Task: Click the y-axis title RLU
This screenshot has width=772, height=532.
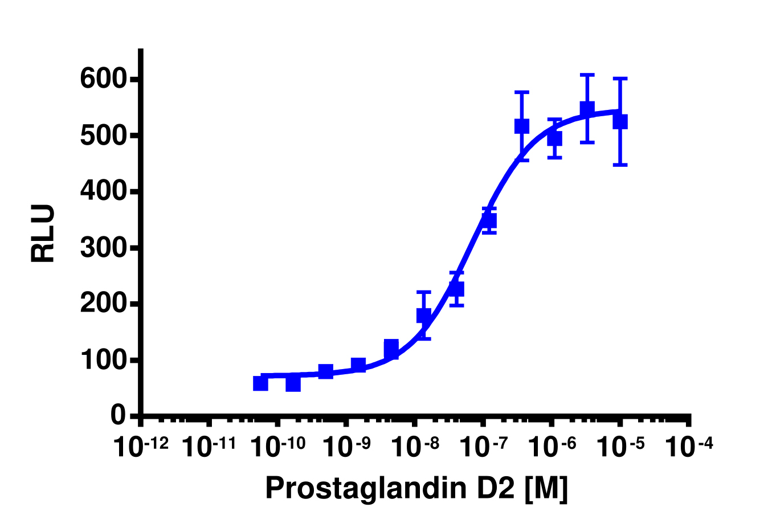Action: tap(43, 234)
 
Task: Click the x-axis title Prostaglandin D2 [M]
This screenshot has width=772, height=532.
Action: tap(416, 488)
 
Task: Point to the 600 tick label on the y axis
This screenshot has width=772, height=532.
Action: tap(103, 79)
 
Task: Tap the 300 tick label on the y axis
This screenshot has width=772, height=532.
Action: tap(103, 248)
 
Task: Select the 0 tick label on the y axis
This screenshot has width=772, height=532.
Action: tap(118, 415)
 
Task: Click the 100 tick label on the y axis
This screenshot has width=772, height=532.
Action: tap(103, 361)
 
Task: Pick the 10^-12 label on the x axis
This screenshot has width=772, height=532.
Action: tap(141, 447)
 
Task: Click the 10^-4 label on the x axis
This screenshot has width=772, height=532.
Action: tap(689, 447)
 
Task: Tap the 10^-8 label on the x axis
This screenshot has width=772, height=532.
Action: tap(415, 447)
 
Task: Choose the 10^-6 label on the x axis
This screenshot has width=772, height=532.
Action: tap(552, 447)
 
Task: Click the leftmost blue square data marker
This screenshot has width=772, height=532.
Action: tap(260, 383)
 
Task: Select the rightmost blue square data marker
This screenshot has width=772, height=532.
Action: tap(620, 122)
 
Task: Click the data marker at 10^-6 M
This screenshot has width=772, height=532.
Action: tap(554, 138)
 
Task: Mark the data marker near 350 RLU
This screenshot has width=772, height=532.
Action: tap(489, 220)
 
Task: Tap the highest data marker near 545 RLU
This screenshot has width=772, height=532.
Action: tap(587, 109)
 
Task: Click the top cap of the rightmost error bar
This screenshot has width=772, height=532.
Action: tap(620, 79)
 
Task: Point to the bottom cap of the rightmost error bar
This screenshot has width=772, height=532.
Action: tap(620, 165)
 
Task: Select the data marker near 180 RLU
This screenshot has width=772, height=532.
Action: tap(423, 315)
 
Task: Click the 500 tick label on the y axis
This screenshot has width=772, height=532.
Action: tap(103, 136)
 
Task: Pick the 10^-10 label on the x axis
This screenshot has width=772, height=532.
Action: tap(278, 447)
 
